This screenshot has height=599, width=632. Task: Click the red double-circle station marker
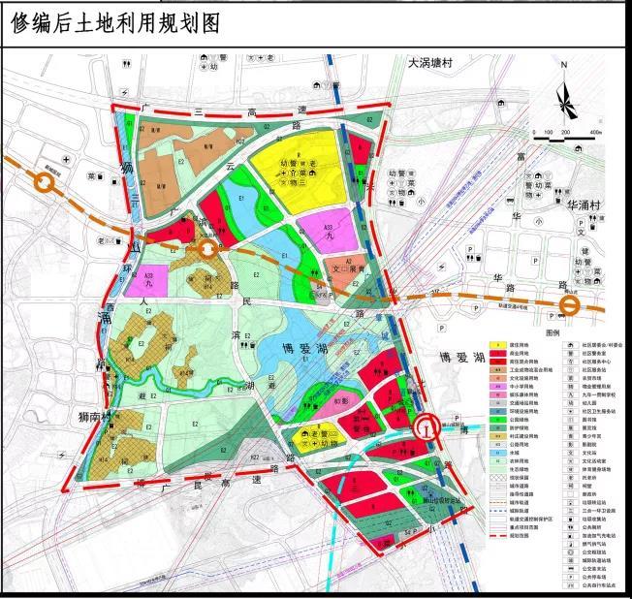(x=425, y=427)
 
